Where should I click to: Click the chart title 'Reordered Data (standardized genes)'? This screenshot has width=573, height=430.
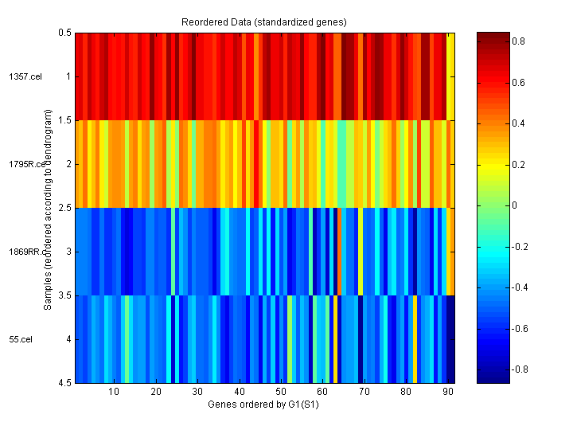click(265, 21)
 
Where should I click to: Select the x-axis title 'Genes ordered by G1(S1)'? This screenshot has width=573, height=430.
click(265, 405)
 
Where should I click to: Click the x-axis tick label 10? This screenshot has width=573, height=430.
click(114, 392)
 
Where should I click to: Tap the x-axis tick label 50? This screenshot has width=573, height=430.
click(280, 392)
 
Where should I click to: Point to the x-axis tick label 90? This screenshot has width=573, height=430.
click(447, 392)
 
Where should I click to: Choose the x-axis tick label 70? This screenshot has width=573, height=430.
click(364, 392)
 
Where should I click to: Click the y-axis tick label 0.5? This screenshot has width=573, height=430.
click(64, 33)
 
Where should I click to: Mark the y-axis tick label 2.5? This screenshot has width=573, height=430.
click(64, 208)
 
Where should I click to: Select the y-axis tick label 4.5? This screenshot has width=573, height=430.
click(64, 383)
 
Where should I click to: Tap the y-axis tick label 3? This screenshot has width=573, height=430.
click(68, 252)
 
